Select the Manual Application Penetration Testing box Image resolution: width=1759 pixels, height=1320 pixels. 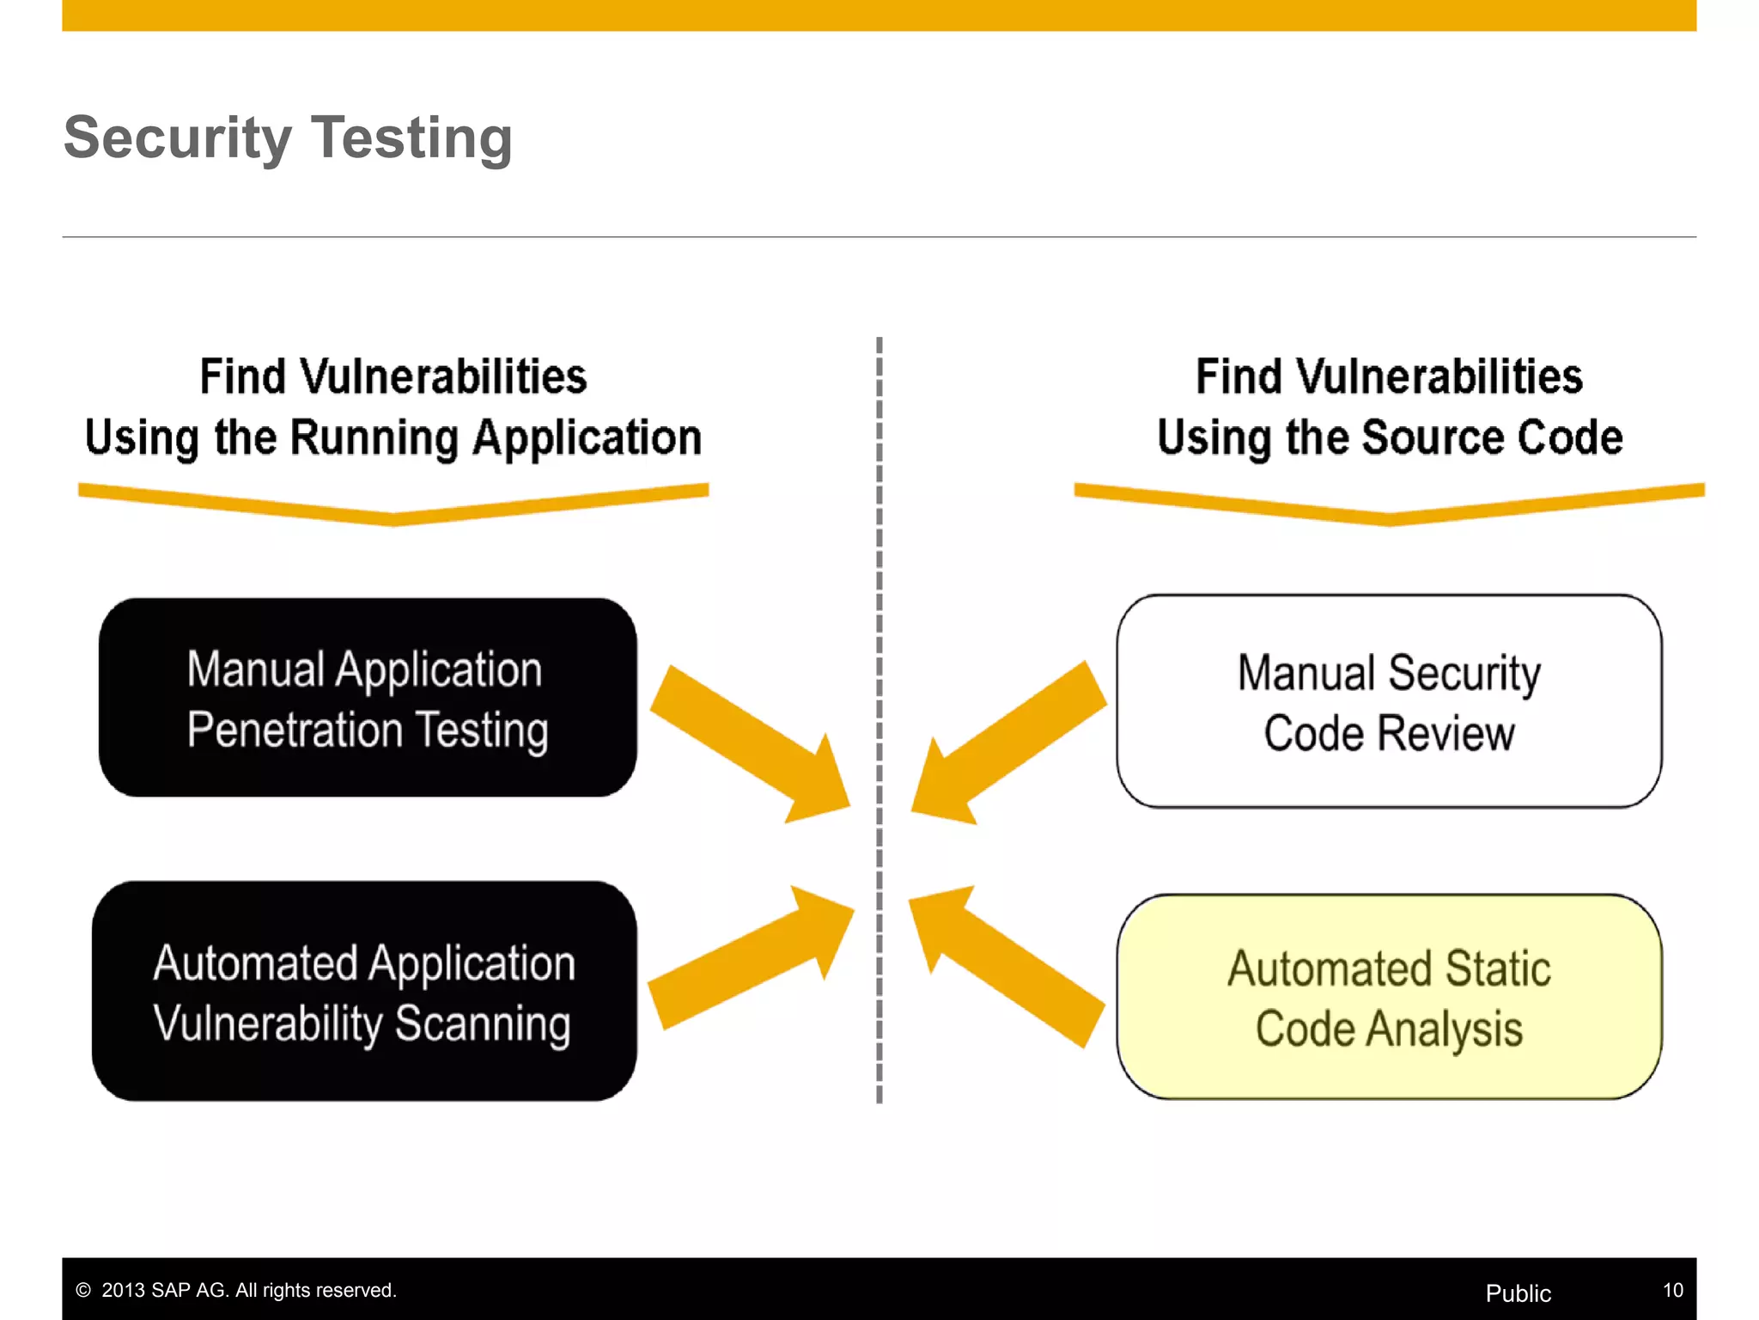point(368,698)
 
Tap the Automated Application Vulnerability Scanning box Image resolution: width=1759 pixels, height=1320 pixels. point(364,991)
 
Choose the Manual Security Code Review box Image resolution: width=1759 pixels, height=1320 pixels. point(1389,701)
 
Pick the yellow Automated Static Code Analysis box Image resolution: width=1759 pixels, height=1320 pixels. point(1389,997)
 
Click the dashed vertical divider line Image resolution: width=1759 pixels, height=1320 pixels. point(879,602)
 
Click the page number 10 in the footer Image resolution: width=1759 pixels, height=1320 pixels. point(1672,1290)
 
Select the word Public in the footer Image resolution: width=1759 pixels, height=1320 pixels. point(1518,1293)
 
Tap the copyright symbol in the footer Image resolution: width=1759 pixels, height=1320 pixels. point(83,1290)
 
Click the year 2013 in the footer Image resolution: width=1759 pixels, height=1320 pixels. point(124,1290)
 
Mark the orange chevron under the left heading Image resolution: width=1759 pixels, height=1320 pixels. point(393,505)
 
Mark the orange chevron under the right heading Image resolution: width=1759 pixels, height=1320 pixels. point(1389,505)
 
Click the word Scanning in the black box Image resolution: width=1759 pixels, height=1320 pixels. point(483,1024)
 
